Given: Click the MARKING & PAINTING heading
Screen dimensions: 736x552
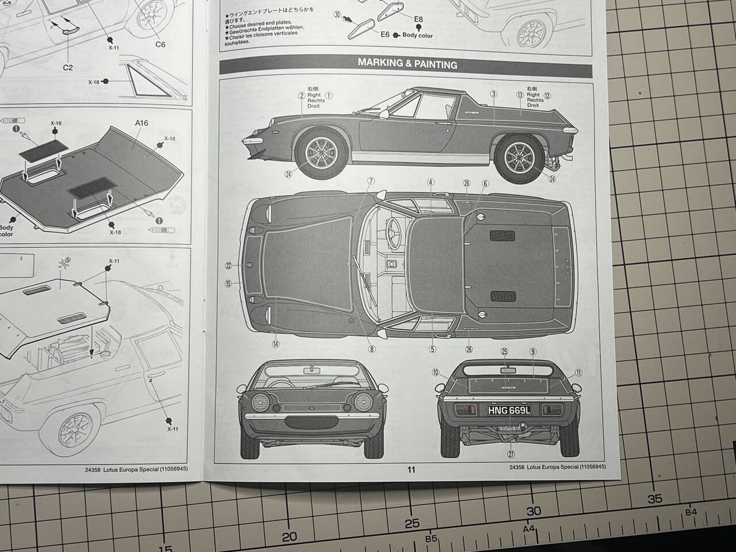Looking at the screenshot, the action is pos(407,64).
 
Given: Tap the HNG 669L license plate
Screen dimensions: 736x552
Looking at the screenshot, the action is pos(509,410).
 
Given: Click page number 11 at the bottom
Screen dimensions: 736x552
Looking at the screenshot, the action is pos(411,469).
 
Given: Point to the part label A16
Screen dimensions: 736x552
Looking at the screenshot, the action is pos(141,122).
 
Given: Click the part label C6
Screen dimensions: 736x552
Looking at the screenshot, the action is pos(160,44).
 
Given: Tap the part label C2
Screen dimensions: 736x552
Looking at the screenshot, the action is pos(68,67).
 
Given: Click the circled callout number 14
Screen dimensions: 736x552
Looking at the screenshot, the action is pos(276,344).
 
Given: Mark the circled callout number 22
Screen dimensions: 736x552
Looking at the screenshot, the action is pos(229,266).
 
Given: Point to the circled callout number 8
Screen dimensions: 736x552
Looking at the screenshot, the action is pos(372,348).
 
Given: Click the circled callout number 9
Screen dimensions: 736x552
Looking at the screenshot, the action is pos(532,351).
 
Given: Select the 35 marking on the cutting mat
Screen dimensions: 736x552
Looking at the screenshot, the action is pos(655,499).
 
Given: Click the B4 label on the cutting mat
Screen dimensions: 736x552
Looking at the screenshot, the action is pos(691,512).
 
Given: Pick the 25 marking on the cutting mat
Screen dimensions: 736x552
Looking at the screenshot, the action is pos(412,523).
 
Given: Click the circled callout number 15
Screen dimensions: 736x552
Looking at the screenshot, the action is pos(229,283).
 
